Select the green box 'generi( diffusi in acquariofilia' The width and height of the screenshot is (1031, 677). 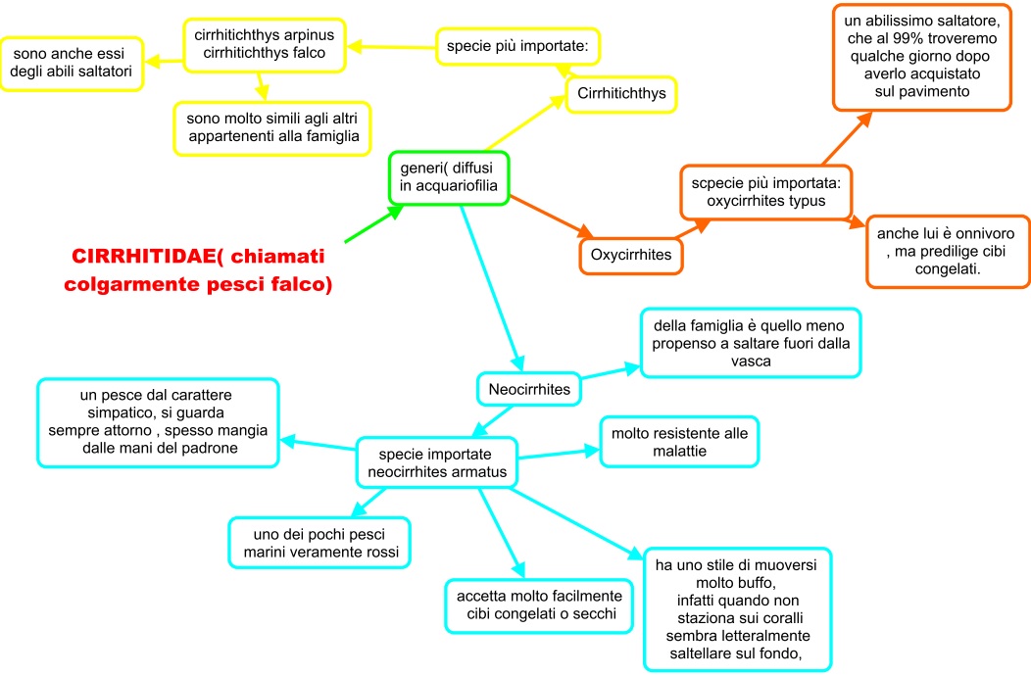click(449, 177)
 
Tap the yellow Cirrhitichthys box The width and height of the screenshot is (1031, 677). click(621, 94)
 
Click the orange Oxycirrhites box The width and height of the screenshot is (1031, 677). click(630, 255)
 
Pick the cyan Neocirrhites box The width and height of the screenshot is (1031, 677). click(528, 389)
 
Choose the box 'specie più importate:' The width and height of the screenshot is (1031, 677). click(517, 46)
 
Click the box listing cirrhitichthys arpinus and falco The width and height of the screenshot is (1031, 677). click(265, 45)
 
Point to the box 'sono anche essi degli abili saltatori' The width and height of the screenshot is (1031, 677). click(71, 63)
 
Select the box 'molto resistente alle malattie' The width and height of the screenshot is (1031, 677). click(679, 442)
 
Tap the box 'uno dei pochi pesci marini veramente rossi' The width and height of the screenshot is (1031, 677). click(319, 543)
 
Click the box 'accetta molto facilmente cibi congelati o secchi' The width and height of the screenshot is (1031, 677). click(539, 605)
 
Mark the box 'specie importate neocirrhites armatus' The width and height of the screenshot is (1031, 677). click(436, 462)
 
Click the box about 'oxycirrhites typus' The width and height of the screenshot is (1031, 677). click(766, 192)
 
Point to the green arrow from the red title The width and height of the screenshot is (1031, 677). click(374, 223)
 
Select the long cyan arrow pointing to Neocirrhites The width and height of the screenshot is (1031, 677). click(492, 288)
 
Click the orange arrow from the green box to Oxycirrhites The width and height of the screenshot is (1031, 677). click(551, 217)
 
